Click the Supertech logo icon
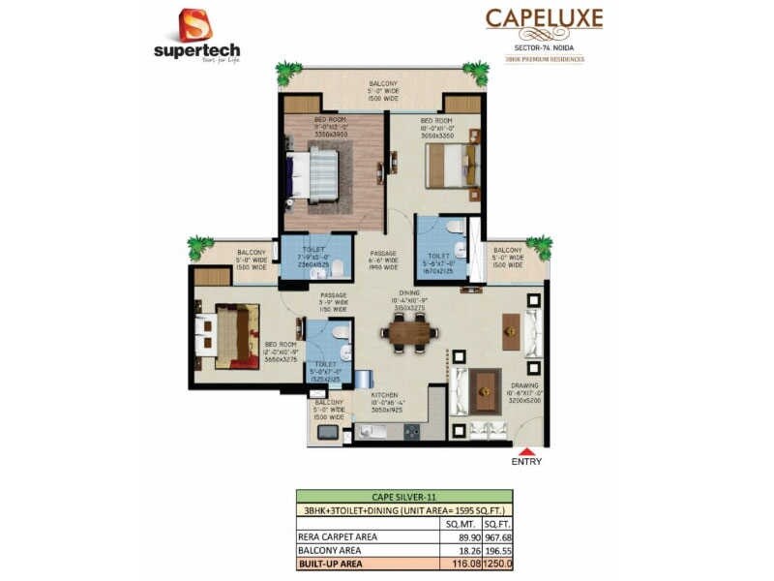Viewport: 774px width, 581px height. click(x=195, y=25)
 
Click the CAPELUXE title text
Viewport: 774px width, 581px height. click(x=544, y=18)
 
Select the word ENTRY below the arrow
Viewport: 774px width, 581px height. click(x=525, y=462)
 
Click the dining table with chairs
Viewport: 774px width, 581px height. click(x=409, y=333)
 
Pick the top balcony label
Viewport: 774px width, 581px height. click(x=384, y=91)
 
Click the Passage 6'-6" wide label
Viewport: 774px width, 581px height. click(x=384, y=260)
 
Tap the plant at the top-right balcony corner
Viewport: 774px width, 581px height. click(x=475, y=73)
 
